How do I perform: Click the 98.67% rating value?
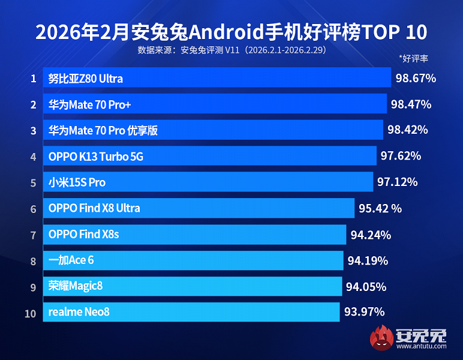(416, 78)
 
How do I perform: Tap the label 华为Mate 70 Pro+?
(90, 104)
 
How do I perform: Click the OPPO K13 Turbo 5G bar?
(210, 156)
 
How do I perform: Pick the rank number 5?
(34, 182)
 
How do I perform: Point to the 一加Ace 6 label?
(71, 260)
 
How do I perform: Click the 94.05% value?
(366, 286)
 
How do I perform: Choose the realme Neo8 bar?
(191, 312)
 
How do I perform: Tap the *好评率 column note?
(413, 59)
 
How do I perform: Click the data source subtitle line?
(231, 50)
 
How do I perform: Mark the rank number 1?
(34, 79)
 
